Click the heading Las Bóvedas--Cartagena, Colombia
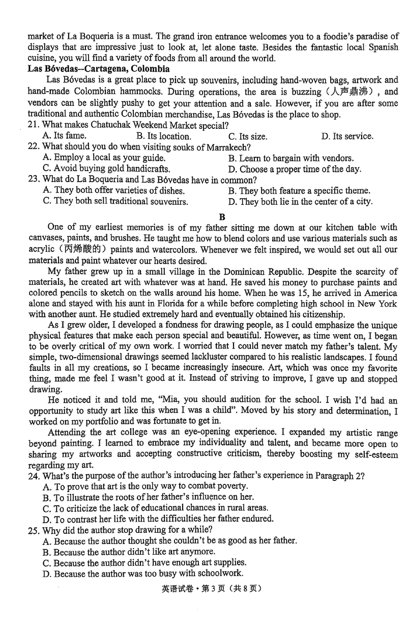(99, 69)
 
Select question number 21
(34, 125)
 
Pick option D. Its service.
(347, 137)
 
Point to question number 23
(34, 180)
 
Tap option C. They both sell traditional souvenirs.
(115, 202)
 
